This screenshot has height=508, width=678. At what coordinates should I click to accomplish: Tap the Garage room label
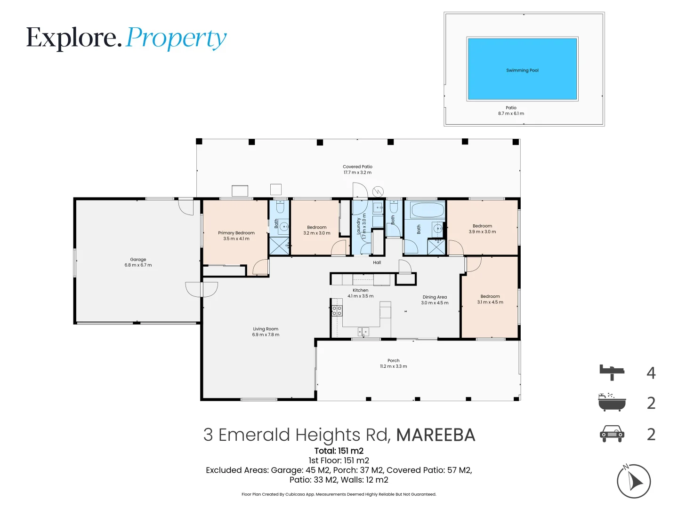click(x=138, y=259)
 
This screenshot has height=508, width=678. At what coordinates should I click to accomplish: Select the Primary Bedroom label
click(x=236, y=233)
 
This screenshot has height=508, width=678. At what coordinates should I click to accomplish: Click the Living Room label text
click(x=266, y=329)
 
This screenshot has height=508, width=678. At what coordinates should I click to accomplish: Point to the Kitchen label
click(x=360, y=290)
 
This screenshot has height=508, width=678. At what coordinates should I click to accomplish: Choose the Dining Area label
click(x=435, y=297)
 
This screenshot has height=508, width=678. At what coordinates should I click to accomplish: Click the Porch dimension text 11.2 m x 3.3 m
click(x=394, y=366)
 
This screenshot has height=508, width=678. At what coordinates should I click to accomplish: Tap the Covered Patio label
click(x=357, y=167)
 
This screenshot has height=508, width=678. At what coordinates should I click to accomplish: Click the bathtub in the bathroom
click(x=427, y=210)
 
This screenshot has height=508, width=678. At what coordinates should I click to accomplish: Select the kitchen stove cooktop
click(x=337, y=310)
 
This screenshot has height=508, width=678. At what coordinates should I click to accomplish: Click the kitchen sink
click(x=363, y=332)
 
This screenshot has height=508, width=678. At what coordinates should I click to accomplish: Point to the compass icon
click(x=634, y=481)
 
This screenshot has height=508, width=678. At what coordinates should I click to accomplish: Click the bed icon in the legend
click(x=612, y=372)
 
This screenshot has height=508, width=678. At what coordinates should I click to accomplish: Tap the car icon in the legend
click(x=612, y=434)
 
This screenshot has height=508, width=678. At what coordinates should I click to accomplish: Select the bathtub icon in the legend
click(x=612, y=403)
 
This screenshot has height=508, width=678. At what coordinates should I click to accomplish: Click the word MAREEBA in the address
click(x=436, y=435)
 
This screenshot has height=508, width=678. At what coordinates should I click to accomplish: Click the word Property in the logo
click(x=177, y=38)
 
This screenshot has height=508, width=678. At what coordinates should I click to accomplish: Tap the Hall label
click(x=377, y=262)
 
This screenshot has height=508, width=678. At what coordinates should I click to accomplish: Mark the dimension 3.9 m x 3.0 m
click(x=482, y=232)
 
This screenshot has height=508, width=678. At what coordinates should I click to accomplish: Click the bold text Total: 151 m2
click(x=339, y=451)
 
